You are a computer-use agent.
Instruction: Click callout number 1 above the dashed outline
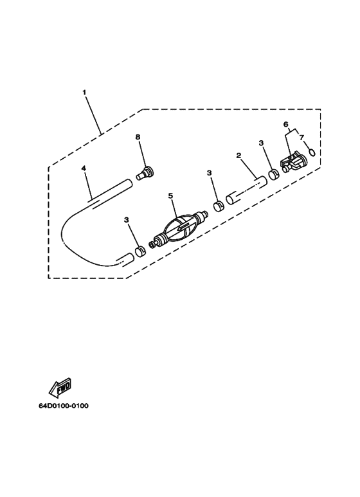[84, 92]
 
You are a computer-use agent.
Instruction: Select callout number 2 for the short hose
[239, 156]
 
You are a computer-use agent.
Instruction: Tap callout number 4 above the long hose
[84, 168]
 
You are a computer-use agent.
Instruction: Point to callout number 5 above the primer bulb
[171, 195]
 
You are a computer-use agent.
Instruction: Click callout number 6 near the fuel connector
[286, 124]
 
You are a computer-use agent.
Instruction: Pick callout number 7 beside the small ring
[301, 137]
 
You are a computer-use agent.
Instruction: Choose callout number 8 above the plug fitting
[138, 137]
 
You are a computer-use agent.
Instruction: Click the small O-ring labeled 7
[312, 153]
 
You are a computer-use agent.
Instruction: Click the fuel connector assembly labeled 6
[294, 163]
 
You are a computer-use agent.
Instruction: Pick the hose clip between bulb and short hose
[219, 206]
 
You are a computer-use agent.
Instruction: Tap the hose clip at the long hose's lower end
[139, 252]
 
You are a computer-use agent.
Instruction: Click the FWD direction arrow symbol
[60, 388]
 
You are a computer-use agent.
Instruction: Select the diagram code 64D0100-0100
[64, 406]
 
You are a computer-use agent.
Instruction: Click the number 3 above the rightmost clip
[261, 143]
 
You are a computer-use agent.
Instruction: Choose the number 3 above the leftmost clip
[127, 219]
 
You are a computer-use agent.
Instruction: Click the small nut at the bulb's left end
[152, 245]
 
